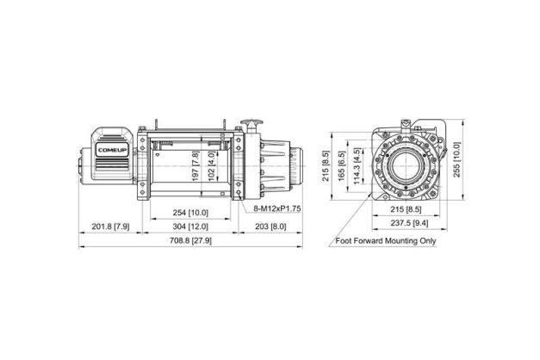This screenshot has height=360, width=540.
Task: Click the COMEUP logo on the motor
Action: [x=112, y=150]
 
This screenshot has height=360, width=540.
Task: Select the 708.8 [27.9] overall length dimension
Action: [x=190, y=240]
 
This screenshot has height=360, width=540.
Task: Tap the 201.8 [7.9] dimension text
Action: [x=110, y=227]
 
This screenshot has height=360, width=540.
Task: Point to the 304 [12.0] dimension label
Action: [x=190, y=227]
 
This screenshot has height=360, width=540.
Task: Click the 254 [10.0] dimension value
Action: [x=190, y=213]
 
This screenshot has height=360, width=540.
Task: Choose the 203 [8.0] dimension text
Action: [x=270, y=227]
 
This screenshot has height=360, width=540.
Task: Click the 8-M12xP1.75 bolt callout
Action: [x=277, y=208]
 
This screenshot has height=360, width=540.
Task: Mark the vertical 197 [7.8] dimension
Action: [x=196, y=166]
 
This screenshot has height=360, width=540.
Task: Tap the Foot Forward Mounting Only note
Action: [x=386, y=241]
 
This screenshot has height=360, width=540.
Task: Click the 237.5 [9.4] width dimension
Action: [x=409, y=223]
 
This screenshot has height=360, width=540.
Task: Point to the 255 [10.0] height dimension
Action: [x=456, y=159]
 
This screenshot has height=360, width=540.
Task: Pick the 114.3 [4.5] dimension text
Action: [x=357, y=166]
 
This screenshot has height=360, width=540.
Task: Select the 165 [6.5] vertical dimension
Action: [x=342, y=166]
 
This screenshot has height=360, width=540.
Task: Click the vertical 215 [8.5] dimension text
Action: [x=326, y=166]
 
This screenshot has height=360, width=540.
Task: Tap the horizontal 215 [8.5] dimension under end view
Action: [x=406, y=209]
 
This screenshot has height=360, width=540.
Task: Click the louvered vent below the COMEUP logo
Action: [x=112, y=164]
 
